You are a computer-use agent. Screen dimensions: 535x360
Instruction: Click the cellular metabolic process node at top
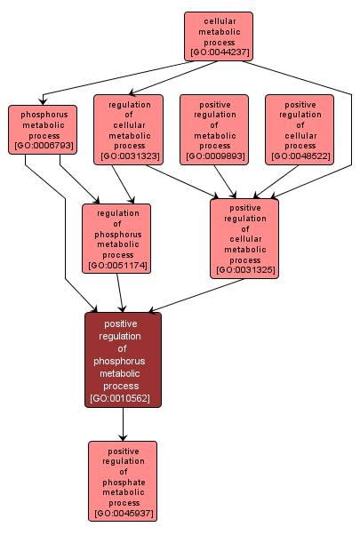click(x=219, y=36)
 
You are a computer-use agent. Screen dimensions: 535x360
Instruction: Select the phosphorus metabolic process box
click(x=44, y=129)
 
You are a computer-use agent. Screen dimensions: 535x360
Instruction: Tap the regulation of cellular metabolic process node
click(x=129, y=130)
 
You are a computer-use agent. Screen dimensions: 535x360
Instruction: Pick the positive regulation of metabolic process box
click(x=214, y=130)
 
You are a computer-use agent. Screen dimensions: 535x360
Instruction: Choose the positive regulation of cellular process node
click(x=300, y=130)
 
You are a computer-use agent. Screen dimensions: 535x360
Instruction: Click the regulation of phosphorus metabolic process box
click(x=116, y=237)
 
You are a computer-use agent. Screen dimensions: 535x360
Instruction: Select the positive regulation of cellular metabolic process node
click(x=244, y=237)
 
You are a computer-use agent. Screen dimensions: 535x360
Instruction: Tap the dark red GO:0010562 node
click(x=123, y=360)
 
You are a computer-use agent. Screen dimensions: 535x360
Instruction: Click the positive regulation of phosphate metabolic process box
click(x=123, y=480)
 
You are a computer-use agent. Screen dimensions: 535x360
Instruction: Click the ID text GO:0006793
click(x=44, y=145)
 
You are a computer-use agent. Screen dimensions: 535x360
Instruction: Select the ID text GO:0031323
click(x=129, y=156)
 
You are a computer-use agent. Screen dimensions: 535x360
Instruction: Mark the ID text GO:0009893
click(x=214, y=156)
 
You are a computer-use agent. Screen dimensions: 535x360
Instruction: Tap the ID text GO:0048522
click(x=300, y=156)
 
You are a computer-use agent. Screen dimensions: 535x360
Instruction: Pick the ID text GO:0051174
click(x=116, y=264)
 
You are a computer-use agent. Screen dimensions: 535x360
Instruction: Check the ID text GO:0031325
click(x=244, y=269)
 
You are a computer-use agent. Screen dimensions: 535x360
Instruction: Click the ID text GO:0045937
click(x=123, y=513)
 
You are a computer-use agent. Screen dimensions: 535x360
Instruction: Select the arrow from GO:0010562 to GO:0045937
click(x=123, y=424)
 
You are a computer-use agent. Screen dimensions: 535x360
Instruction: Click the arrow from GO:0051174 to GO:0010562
click(x=119, y=292)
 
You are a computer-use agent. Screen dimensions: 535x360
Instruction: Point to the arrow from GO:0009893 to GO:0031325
click(x=228, y=181)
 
